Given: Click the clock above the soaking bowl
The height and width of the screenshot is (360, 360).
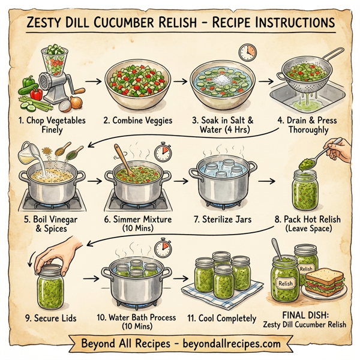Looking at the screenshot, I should point(246,52).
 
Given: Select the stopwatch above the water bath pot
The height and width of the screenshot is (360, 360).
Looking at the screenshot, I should point(163,247).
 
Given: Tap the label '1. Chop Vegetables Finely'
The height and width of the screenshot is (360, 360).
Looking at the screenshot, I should point(53,125).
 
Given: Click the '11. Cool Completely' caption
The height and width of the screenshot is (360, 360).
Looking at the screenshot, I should point(227,318).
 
